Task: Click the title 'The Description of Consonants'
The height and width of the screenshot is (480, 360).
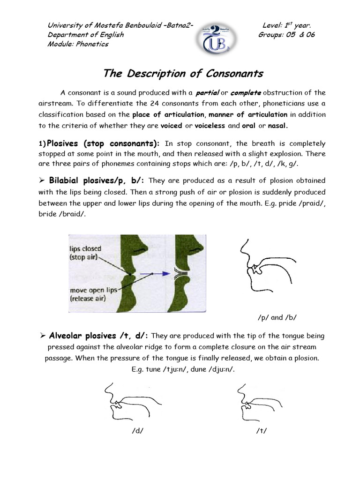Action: [183, 74]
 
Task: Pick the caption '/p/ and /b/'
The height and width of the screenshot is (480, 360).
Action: [277, 317]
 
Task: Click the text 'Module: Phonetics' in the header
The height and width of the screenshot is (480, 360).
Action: [78, 44]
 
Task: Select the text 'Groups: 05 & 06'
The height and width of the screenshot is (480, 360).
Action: [286, 35]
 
